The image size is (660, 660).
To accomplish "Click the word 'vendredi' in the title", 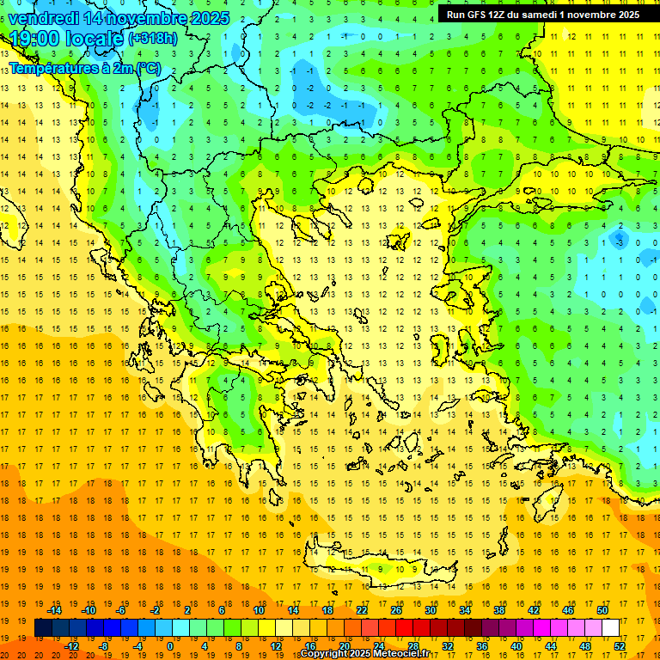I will (x=44, y=18).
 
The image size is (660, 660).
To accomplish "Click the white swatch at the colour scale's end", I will (x=611, y=628).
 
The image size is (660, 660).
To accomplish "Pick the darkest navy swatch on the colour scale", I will (x=43, y=628).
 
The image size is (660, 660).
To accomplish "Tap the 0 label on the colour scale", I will (x=170, y=645).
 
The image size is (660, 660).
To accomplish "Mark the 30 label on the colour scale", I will (x=430, y=610).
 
